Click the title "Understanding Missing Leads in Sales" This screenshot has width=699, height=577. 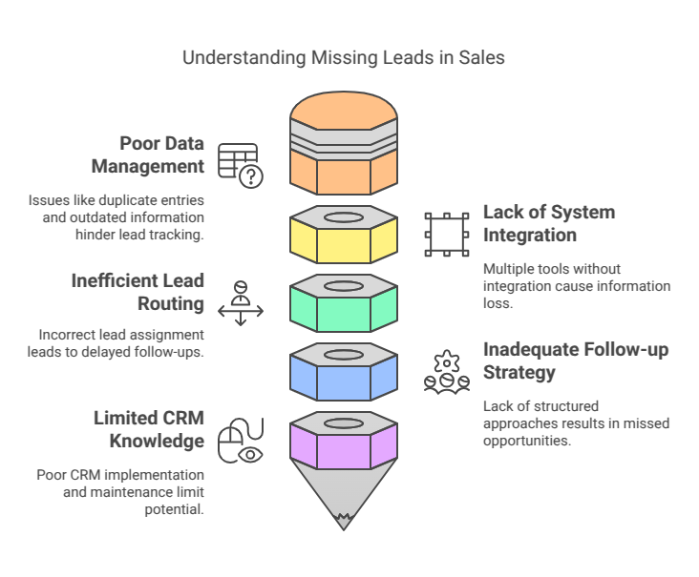tap(344, 58)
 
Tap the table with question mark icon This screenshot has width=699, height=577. tap(239, 164)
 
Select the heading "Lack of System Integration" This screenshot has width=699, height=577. tap(548, 223)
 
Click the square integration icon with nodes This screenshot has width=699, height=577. tap(447, 234)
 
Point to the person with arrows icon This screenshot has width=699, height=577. tap(241, 302)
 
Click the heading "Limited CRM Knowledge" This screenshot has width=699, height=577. tap(148, 429)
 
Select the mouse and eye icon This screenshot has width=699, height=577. tap(240, 440)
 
